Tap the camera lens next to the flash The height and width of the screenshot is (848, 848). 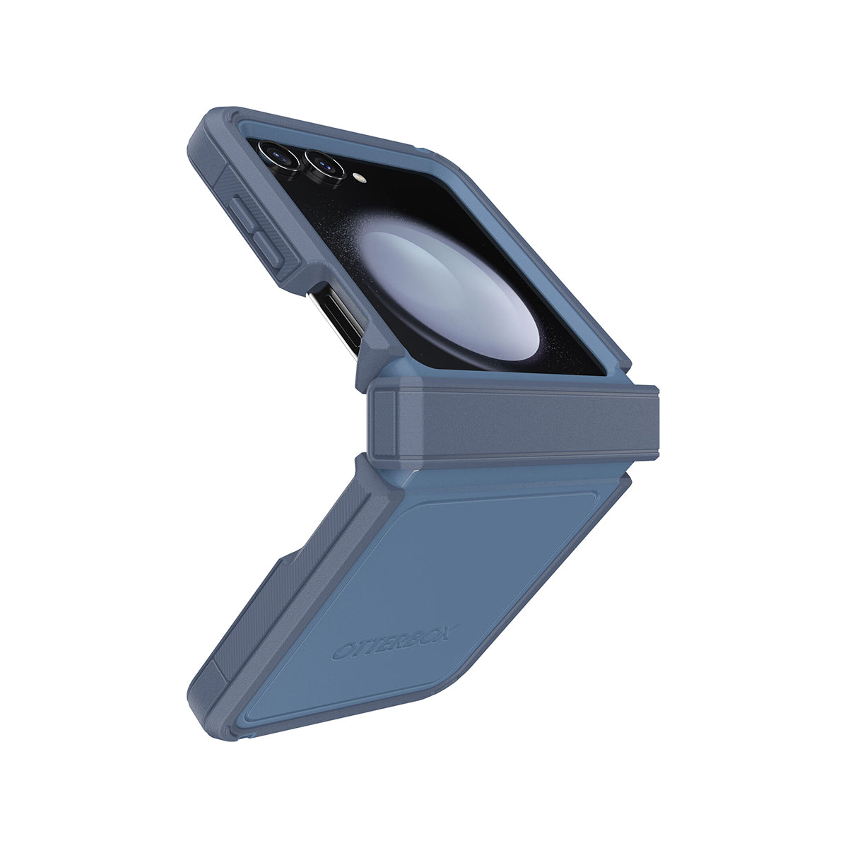tap(325, 166)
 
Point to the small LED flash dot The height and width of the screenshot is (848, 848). tap(360, 177)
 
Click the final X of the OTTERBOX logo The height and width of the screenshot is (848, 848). tap(449, 632)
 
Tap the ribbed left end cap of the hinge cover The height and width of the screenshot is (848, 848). tap(384, 423)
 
